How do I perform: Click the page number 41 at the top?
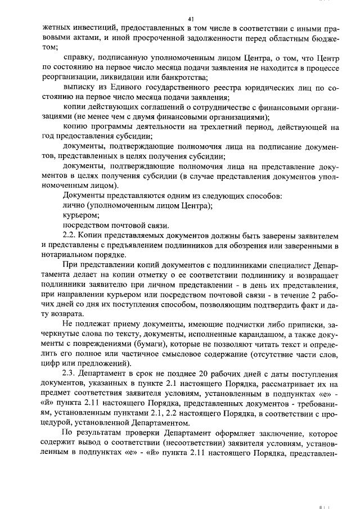[191, 20]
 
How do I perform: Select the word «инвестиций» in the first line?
[85, 28]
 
